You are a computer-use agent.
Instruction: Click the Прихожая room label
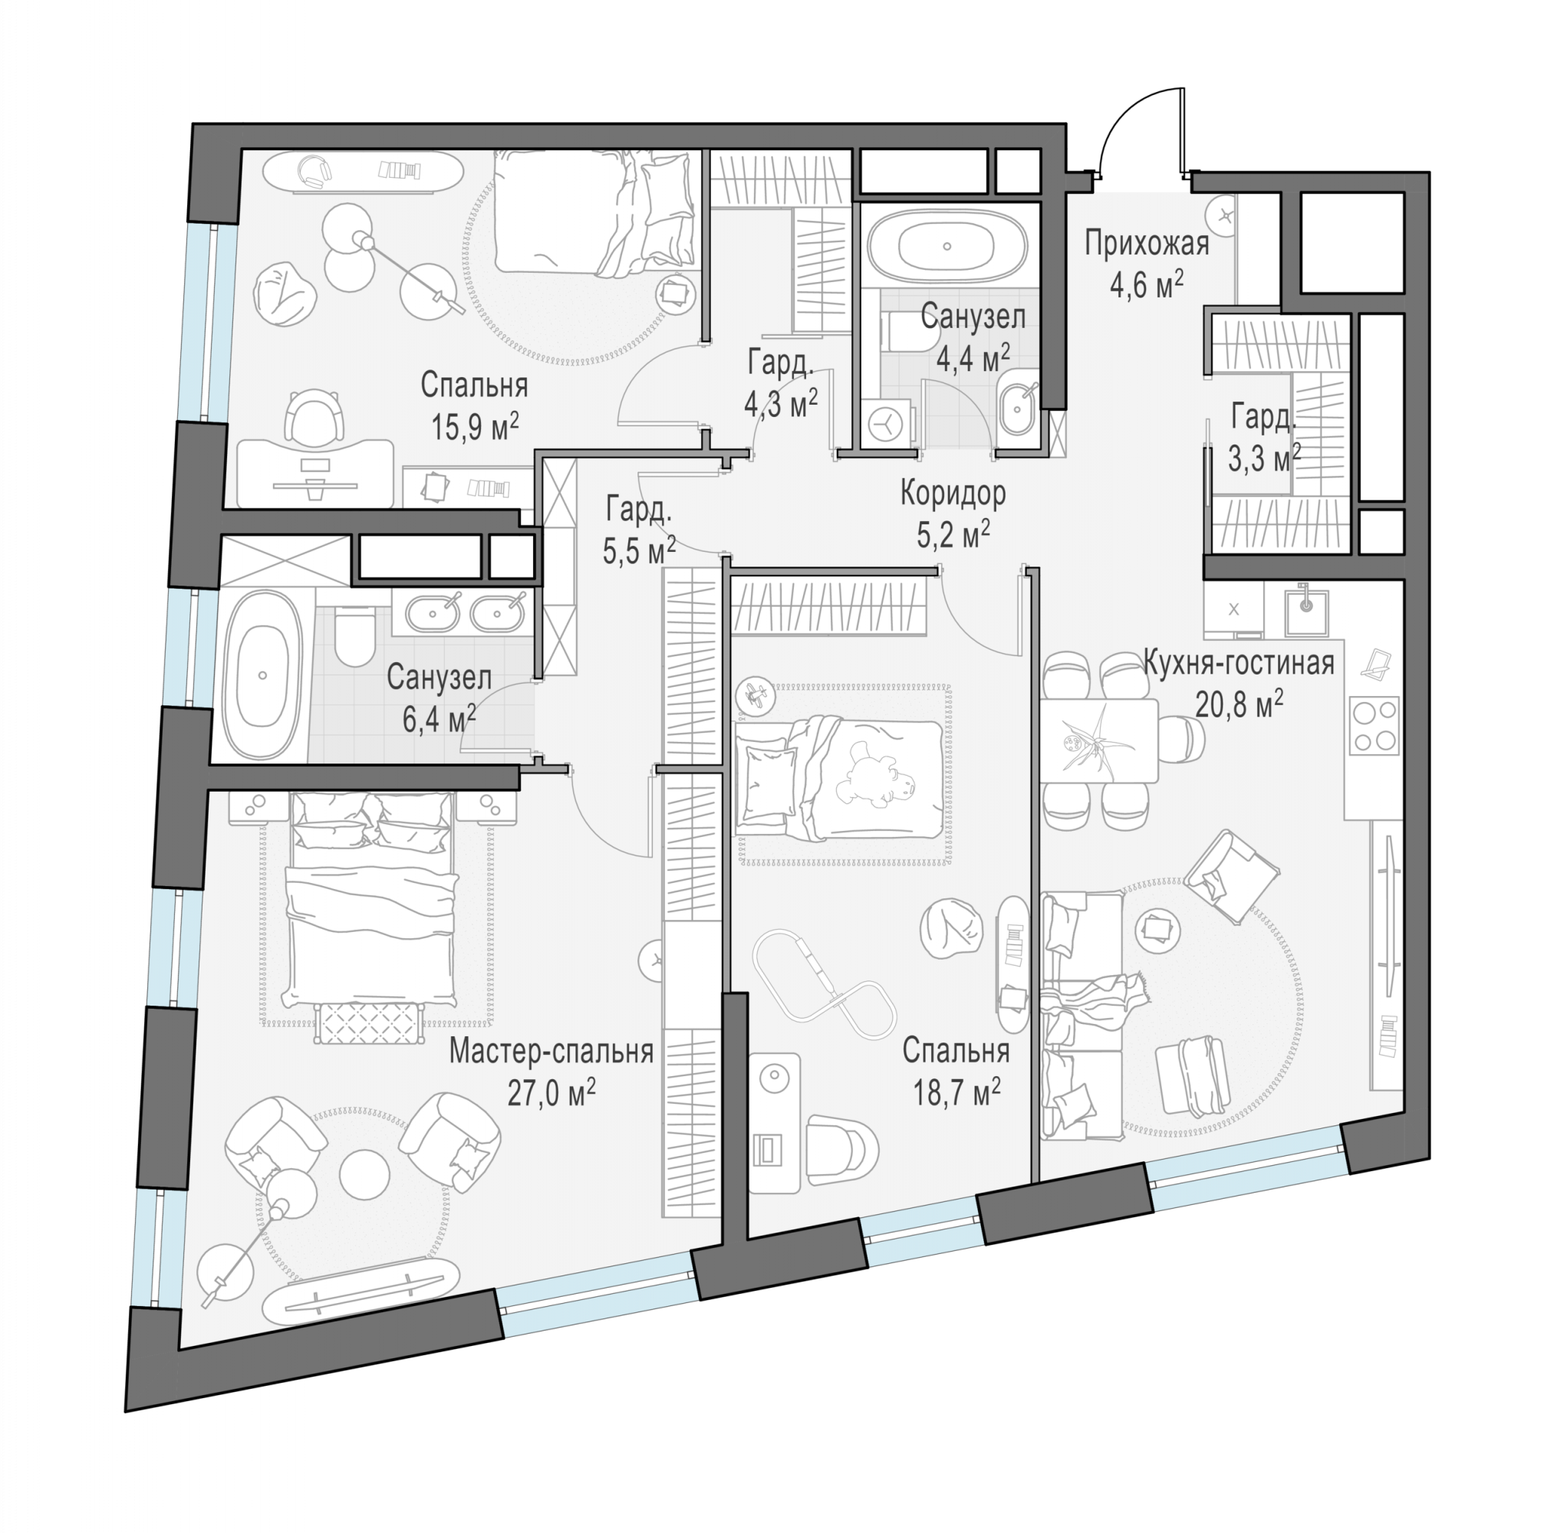[1146, 244]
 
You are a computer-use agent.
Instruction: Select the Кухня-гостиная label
[1239, 663]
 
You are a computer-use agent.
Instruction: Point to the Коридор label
[953, 493]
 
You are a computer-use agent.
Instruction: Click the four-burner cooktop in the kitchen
[1375, 725]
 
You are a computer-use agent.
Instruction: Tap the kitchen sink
[1306, 612]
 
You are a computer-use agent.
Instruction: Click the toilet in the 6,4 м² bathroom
[354, 636]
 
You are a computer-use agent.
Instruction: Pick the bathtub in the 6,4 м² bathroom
[262, 676]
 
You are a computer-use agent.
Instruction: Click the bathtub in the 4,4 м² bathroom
[947, 247]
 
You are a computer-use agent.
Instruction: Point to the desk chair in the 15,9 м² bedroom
[316, 417]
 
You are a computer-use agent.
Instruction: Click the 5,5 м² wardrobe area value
[640, 551]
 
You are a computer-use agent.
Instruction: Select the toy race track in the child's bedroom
[824, 986]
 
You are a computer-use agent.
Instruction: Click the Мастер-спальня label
[551, 1051]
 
